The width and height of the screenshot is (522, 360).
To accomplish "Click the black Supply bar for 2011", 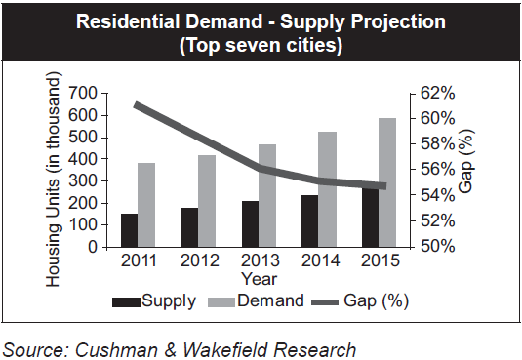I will point(129,229).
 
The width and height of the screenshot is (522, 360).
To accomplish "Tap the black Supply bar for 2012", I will point(188,226).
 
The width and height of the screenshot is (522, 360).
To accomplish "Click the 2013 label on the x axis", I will point(259,261).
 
